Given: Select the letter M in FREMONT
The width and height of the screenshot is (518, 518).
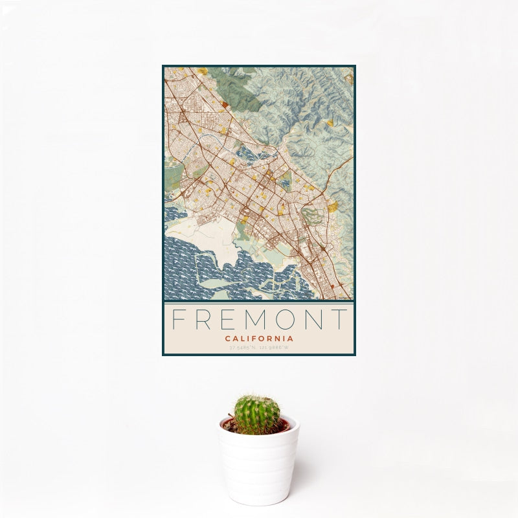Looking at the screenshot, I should tap(261, 319).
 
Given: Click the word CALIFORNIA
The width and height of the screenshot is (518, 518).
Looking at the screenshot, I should tap(259, 338).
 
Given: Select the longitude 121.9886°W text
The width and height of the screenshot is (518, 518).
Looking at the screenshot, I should tap(275, 348).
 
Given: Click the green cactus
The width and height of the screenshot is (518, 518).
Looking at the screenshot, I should tap(257, 415).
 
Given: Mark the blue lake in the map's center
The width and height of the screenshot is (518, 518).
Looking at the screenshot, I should tap(250, 154).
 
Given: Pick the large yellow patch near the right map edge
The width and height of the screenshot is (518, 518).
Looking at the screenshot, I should tap(333, 207).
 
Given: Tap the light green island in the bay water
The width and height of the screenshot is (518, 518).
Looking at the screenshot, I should tap(214, 282).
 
